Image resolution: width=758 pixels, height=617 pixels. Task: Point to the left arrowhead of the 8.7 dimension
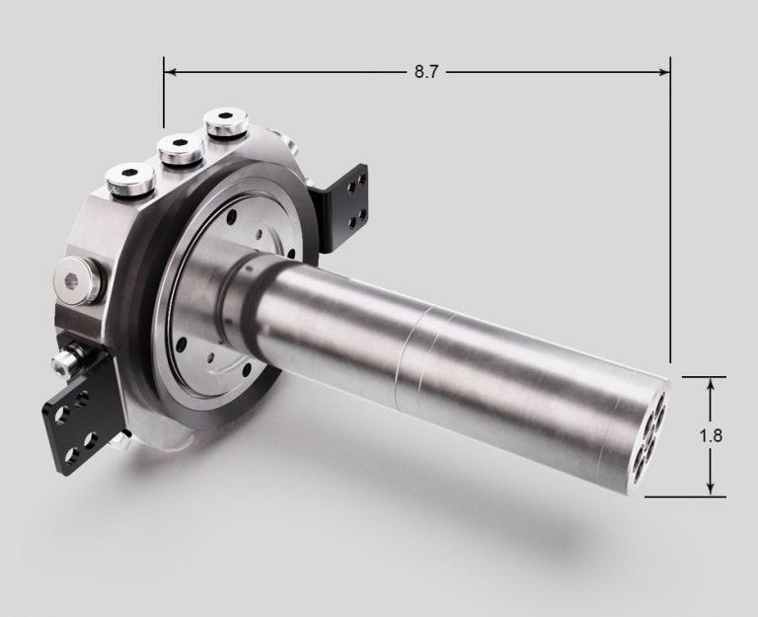coord(171,72)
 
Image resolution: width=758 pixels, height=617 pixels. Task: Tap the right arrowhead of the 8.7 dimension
coord(663,72)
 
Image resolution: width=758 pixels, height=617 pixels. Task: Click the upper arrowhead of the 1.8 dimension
coord(711,384)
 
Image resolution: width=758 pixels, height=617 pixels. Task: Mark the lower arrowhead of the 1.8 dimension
coord(711,488)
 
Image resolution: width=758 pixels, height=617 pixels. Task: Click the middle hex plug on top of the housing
coord(181,148)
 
